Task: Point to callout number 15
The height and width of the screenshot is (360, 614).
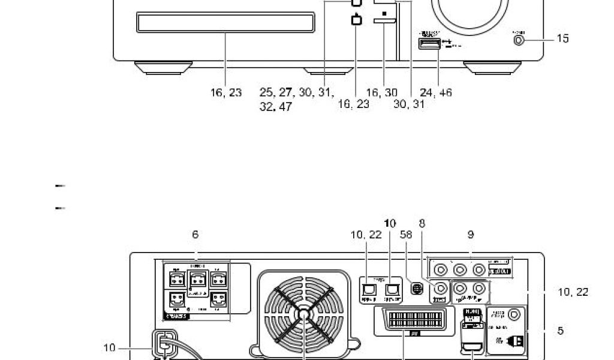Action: click(x=562, y=38)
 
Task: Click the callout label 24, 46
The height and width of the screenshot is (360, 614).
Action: click(x=436, y=93)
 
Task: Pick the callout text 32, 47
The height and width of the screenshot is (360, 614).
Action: click(x=276, y=108)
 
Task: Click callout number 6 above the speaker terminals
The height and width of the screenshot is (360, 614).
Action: click(x=195, y=235)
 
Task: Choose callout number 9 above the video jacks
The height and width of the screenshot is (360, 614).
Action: click(x=471, y=235)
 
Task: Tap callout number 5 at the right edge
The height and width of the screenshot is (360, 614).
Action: click(x=560, y=331)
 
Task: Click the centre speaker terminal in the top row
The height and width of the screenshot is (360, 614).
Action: click(x=196, y=278)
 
